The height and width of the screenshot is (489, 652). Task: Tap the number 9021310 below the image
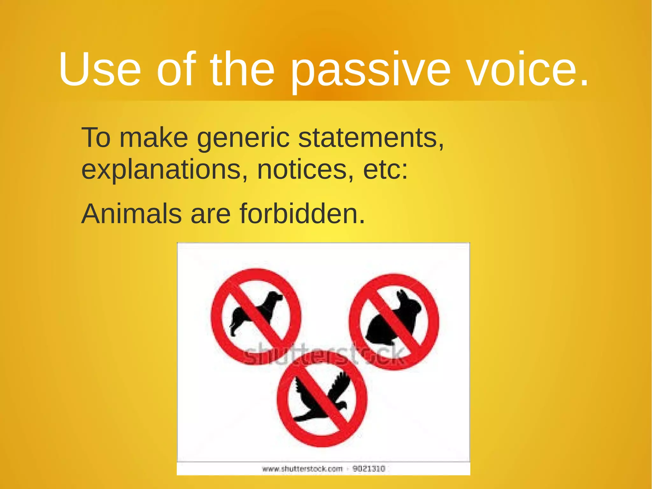pos(369,469)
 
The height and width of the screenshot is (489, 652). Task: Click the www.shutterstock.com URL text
pos(302,469)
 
